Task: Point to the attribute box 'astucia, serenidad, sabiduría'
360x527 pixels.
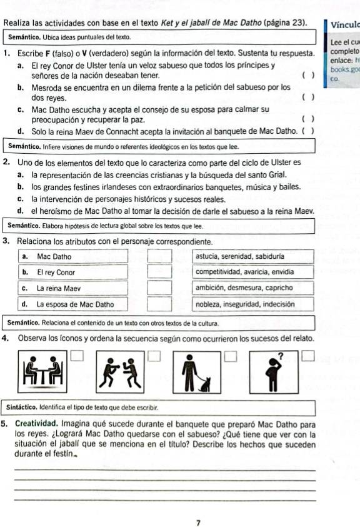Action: [251, 256]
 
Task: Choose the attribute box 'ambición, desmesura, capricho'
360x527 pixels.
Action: [251, 288]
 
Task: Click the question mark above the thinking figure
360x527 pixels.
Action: [280, 356]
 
